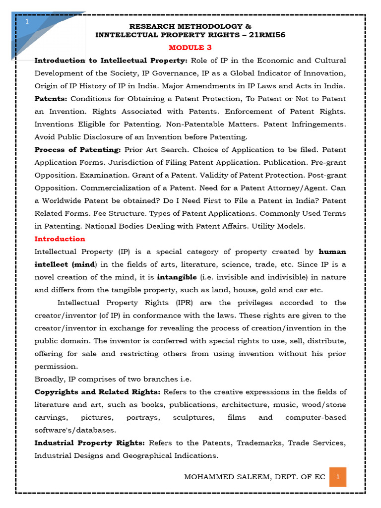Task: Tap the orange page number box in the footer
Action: tap(337, 477)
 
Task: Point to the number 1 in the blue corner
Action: tap(27, 22)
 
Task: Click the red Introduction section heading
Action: tap(60, 239)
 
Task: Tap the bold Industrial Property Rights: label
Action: tap(89, 443)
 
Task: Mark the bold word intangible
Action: tap(177, 277)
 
